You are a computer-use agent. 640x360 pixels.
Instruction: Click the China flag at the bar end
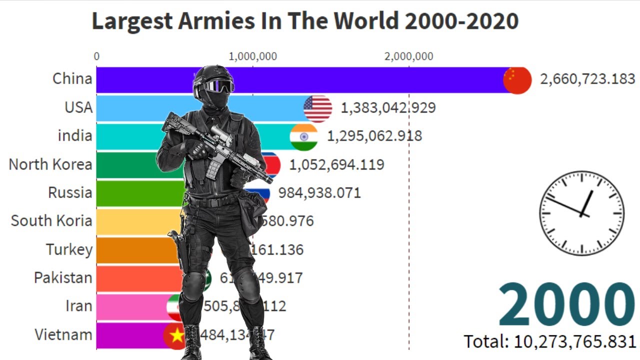pos(517,80)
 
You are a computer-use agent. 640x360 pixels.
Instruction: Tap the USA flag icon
pos(317,108)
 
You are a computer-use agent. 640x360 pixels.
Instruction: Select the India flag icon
pos(303,136)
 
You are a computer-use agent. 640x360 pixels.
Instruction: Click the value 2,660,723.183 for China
pos(587,79)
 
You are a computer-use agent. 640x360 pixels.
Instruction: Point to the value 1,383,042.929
pos(388,107)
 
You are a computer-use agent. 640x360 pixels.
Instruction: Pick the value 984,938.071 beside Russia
pos(319,192)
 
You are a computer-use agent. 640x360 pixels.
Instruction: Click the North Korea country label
pos(50,164)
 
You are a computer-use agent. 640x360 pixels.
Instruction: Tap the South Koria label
pos(51,221)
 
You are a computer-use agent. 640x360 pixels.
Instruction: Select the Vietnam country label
pos(63,334)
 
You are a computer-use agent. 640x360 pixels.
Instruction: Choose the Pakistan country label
pos(63,278)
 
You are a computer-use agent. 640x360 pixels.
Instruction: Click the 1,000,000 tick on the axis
pos(252,56)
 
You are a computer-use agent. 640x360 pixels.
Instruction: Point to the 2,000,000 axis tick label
pos(408,56)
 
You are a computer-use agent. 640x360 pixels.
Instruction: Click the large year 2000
pos(566,305)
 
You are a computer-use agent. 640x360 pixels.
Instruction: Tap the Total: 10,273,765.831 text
pos(550,341)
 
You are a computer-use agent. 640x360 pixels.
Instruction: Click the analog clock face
pos(581,213)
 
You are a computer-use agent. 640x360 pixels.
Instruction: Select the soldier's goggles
pos(217,86)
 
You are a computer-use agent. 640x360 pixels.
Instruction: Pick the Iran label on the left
pos(78,306)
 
